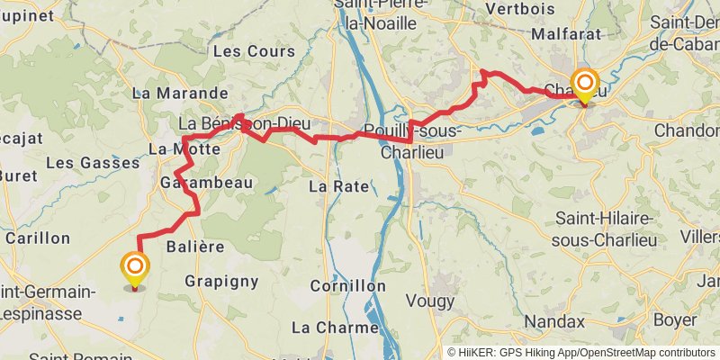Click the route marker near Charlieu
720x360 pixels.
[x=585, y=86]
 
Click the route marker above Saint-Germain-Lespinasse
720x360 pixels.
[x=135, y=268]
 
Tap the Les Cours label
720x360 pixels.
[x=240, y=51]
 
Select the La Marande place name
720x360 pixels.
[x=180, y=93]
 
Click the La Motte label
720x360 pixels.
[x=184, y=148]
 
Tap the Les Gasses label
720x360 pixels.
[x=93, y=163]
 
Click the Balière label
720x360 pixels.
[x=195, y=246]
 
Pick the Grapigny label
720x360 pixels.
[x=221, y=281]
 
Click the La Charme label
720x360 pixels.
[x=335, y=327]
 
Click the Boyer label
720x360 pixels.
[x=675, y=319]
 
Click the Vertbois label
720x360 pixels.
[x=519, y=8]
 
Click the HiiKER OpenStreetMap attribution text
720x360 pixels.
[x=581, y=353]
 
